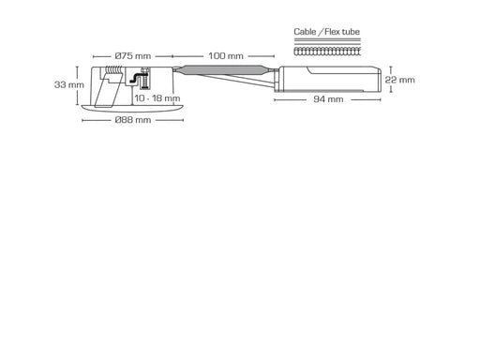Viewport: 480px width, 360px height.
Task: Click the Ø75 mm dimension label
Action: tap(133, 56)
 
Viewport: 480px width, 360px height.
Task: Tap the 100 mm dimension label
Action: tap(226, 56)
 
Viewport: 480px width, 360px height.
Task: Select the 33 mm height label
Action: tap(69, 84)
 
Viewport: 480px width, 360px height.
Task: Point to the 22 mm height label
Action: tap(399, 80)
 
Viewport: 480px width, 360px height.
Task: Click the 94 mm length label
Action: tap(328, 99)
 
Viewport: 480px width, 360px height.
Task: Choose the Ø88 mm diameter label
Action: tap(133, 120)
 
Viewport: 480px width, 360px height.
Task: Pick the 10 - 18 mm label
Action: tap(157, 98)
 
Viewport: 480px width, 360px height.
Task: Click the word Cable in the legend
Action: tap(305, 32)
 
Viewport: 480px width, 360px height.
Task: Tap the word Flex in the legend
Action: tap(332, 32)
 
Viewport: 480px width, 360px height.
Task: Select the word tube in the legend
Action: tap(351, 32)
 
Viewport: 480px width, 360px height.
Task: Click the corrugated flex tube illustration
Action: tap(327, 52)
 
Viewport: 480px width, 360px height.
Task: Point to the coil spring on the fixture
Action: tap(113, 70)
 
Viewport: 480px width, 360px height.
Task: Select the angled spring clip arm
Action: tap(106, 91)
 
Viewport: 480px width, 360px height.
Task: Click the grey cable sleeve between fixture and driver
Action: tap(224, 70)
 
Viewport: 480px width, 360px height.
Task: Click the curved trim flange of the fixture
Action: tap(132, 108)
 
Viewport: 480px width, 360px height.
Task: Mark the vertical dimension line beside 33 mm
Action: tap(77, 85)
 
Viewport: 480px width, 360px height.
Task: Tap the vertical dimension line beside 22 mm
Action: tap(391, 80)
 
